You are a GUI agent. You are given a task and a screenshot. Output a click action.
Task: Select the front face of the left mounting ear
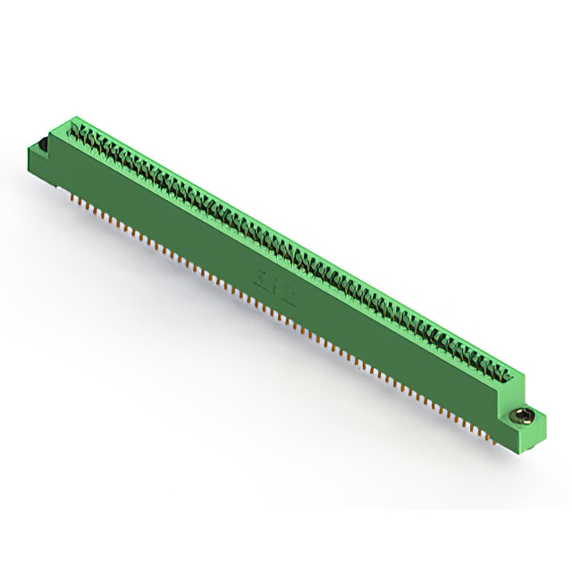tap(41, 161)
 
